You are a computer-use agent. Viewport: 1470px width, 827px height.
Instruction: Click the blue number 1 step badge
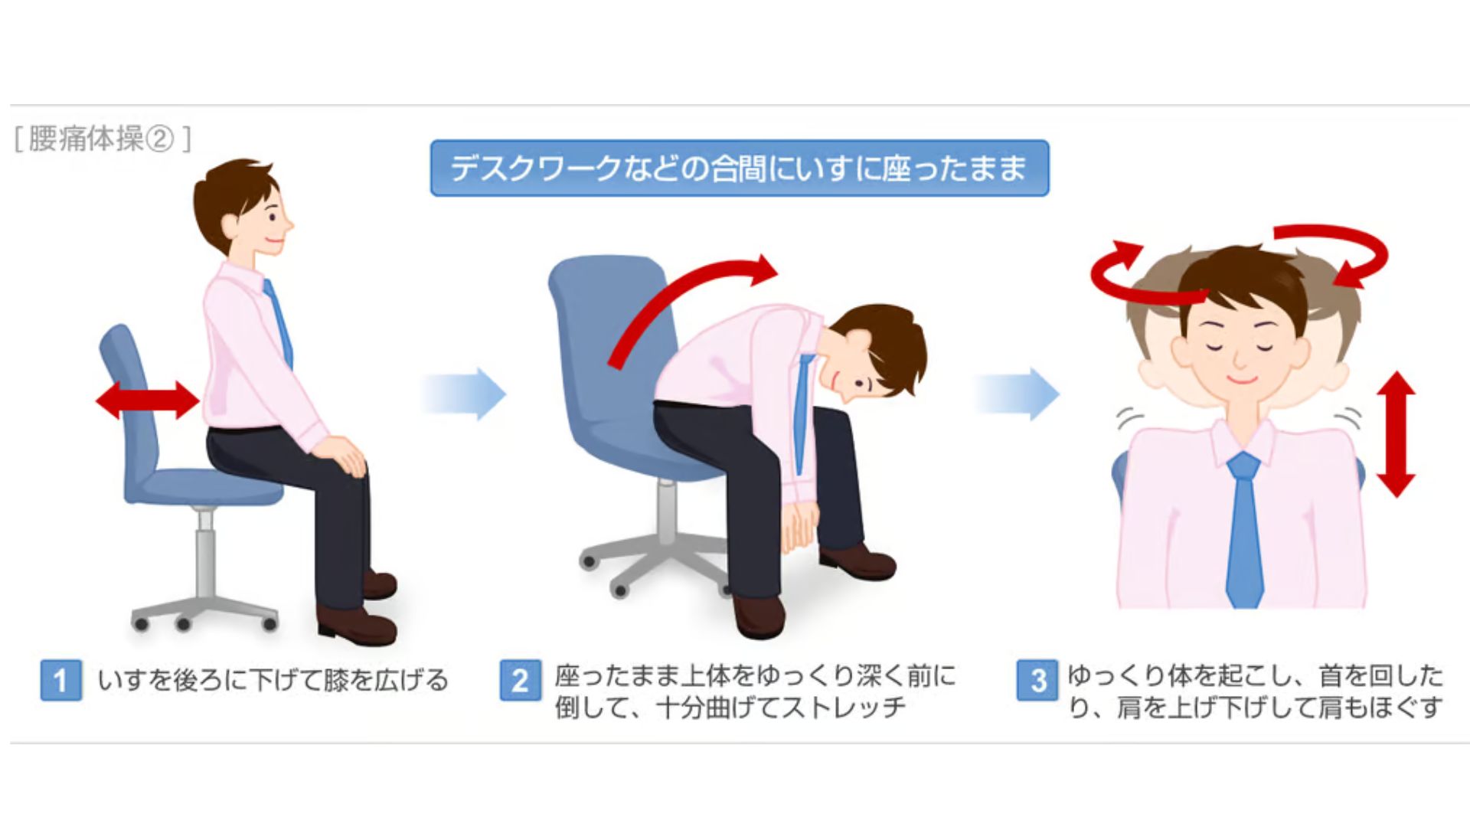click(60, 680)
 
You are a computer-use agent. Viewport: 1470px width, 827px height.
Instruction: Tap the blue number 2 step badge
click(520, 680)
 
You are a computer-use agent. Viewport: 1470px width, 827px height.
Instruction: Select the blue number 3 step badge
click(1037, 680)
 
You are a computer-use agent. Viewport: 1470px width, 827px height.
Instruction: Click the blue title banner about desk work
click(740, 168)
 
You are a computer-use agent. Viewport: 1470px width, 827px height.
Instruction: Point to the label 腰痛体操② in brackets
click(103, 139)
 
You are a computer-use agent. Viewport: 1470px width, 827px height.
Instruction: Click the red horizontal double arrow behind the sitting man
click(147, 400)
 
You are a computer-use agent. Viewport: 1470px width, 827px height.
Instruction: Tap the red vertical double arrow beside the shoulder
click(1396, 434)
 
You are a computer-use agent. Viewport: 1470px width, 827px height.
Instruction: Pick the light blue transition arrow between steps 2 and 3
click(1018, 394)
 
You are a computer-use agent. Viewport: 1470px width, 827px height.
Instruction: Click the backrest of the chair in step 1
click(130, 398)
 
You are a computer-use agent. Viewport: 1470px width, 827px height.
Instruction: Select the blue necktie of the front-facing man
click(1244, 528)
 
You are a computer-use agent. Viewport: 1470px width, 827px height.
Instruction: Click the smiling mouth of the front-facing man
click(1241, 379)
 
